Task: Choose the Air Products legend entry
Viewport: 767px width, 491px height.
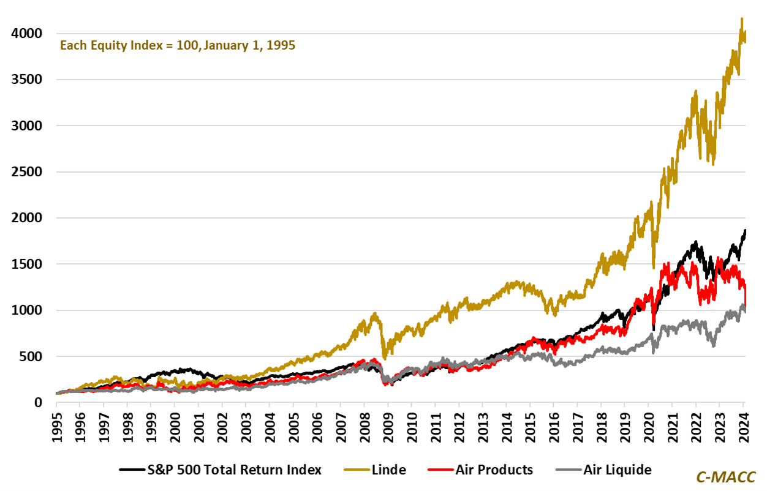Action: tap(494, 470)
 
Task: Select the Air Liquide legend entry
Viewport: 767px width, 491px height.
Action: tap(616, 470)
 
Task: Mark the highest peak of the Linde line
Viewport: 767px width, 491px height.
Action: tap(742, 18)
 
